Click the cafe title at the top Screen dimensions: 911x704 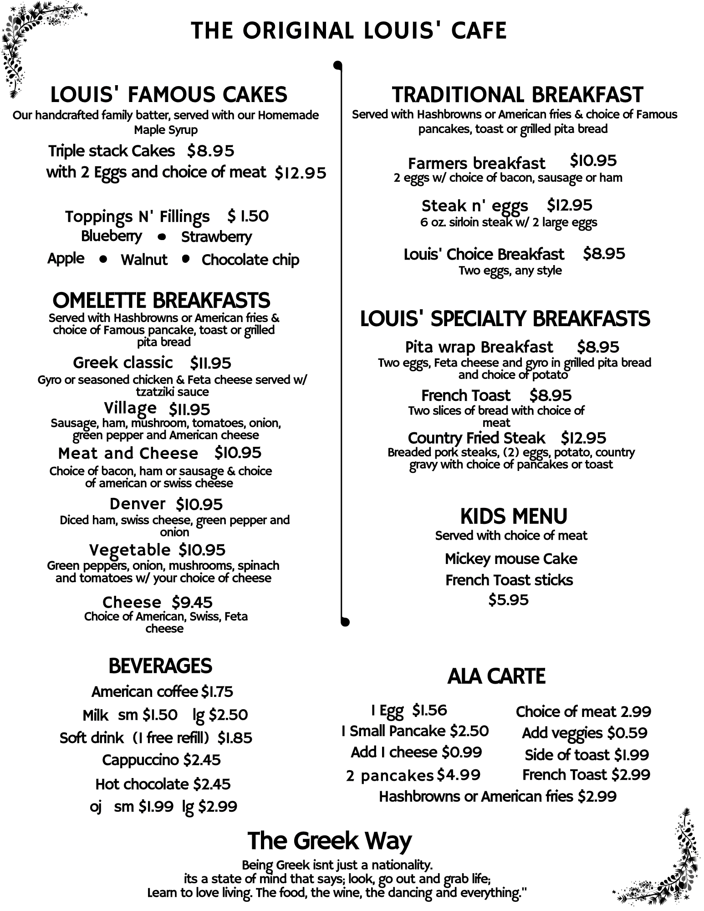coord(349,31)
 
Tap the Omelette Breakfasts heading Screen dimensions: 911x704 coord(161,300)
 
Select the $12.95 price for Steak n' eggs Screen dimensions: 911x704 coord(569,205)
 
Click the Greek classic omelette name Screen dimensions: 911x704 coord(123,363)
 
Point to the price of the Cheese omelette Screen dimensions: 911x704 coord(192,602)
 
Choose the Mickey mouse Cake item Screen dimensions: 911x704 coord(511,558)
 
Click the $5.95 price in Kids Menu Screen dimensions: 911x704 coord(508,600)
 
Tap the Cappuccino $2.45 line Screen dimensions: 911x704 coord(161,760)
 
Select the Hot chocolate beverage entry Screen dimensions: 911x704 coord(163,784)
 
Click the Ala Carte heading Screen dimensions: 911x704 coord(496,676)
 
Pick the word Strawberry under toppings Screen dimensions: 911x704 coord(216,237)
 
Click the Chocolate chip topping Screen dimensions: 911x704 coord(250,260)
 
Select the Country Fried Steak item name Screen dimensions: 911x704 coord(476,438)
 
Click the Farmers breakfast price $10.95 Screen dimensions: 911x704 coord(593,160)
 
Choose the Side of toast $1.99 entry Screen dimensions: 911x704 coord(587,755)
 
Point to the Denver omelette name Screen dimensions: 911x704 coord(138,504)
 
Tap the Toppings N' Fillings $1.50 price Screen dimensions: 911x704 coord(248,216)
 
